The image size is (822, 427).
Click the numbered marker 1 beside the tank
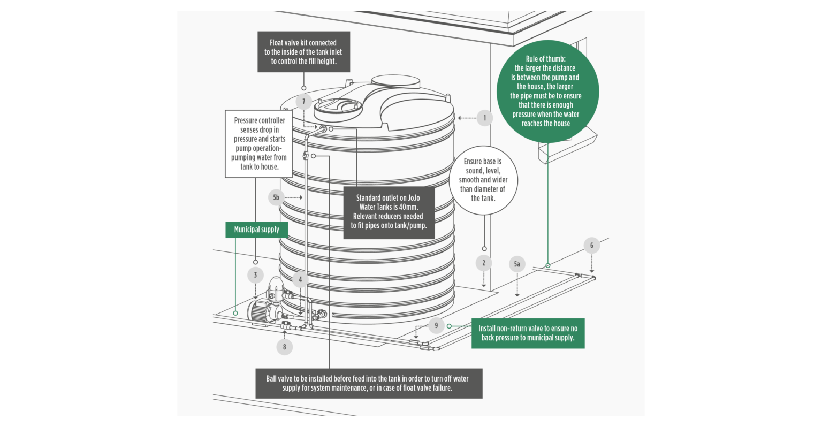pyautogui.click(x=484, y=118)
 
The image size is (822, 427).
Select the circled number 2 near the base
pyautogui.click(x=484, y=263)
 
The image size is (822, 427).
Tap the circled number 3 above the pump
pyautogui.click(x=255, y=275)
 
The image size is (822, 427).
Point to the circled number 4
pyautogui.click(x=300, y=279)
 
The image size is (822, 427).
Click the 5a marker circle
pyautogui.click(x=517, y=264)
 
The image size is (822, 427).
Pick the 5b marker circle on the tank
pyautogui.click(x=276, y=197)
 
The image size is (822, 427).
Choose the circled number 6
pyautogui.click(x=591, y=246)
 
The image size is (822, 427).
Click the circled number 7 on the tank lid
pyautogui.click(x=303, y=102)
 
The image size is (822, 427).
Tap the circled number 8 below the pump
pyautogui.click(x=284, y=347)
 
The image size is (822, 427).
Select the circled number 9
pyautogui.click(x=436, y=325)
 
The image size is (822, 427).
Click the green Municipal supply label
pyautogui.click(x=257, y=230)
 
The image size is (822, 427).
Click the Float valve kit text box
pyautogui.click(x=303, y=52)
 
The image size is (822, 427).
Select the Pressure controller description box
pyautogui.click(x=259, y=143)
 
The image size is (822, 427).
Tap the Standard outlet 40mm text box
pyautogui.click(x=389, y=212)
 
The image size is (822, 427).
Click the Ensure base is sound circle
pyautogui.click(x=483, y=179)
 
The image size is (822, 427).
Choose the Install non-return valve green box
pyautogui.click(x=528, y=333)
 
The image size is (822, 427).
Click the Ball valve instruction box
pyautogui.click(x=369, y=383)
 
